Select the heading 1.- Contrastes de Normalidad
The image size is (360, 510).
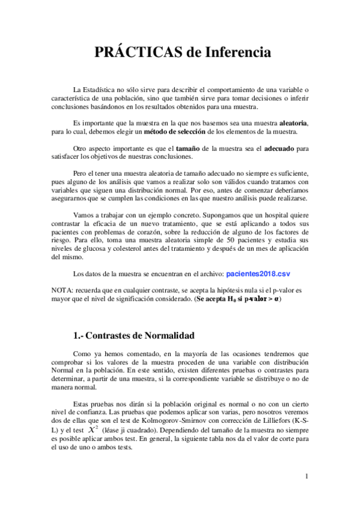pos(135,335)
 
